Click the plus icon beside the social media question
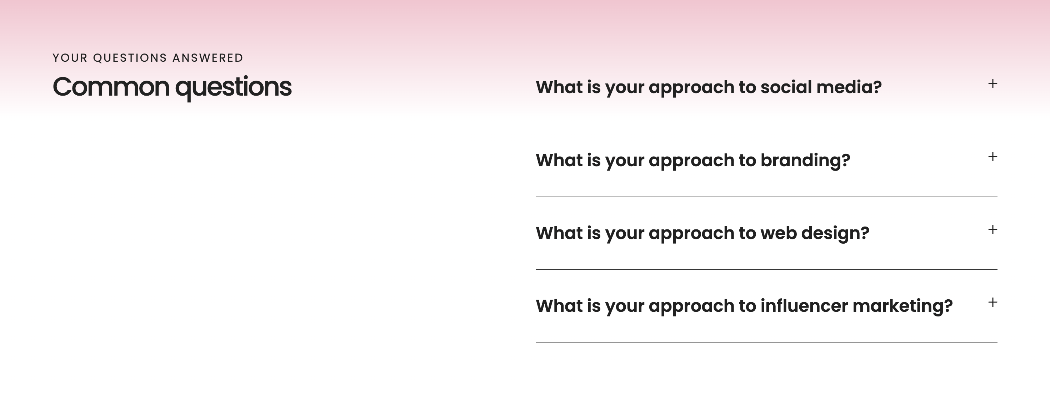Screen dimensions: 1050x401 coord(992,84)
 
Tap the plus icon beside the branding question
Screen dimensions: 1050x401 coord(992,157)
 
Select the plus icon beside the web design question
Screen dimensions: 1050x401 coord(992,230)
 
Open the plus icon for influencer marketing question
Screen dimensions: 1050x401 coord(992,303)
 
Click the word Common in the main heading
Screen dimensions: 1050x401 coord(111,87)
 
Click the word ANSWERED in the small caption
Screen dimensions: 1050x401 coord(208,58)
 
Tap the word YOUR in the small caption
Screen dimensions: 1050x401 coord(70,58)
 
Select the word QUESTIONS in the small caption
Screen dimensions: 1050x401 coord(130,58)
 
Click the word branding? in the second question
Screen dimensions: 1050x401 coord(805,161)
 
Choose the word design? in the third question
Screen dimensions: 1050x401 coord(835,234)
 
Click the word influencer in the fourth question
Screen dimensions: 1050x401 coord(804,306)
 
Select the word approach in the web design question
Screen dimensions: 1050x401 coord(691,234)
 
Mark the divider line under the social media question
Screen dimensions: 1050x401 coord(766,124)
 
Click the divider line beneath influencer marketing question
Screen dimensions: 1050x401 coord(766,342)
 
